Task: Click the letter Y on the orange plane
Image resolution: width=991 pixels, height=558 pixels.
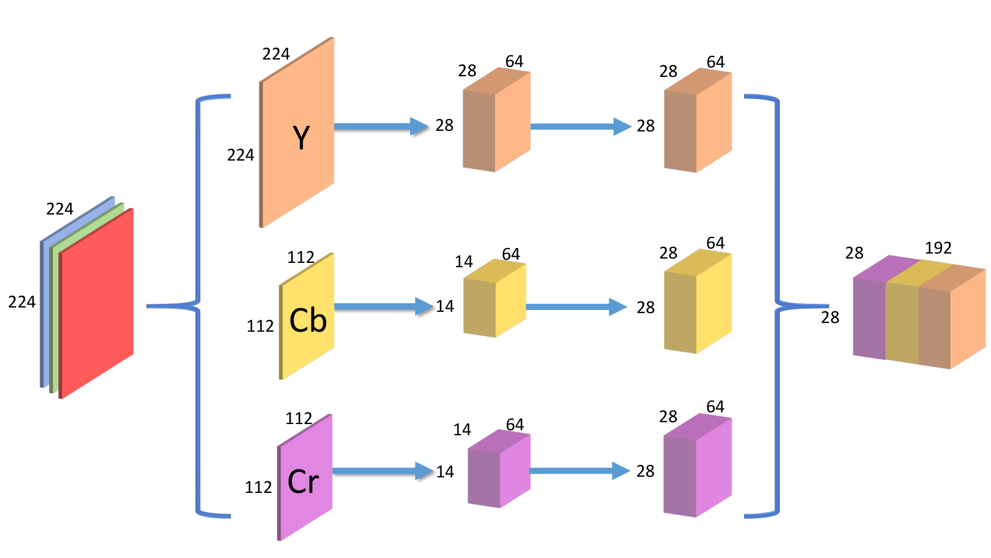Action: tap(301, 137)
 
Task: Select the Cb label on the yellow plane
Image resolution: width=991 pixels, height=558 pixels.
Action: tap(308, 320)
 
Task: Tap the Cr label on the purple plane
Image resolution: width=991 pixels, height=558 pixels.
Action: tap(303, 481)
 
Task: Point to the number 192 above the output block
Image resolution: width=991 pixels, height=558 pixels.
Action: tap(938, 248)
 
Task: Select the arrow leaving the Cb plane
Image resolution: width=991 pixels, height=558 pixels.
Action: tap(383, 306)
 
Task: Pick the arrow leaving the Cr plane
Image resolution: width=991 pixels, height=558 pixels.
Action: tap(383, 471)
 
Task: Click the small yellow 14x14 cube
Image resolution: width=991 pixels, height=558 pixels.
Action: tap(495, 298)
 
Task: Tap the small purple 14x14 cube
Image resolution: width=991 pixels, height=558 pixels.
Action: tap(499, 469)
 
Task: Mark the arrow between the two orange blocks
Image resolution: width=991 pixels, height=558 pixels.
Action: tap(581, 126)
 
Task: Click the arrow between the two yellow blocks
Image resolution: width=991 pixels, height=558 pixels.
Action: tap(577, 307)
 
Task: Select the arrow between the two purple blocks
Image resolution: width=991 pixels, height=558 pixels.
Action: tap(580, 471)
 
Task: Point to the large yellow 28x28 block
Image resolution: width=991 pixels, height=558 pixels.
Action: tap(697, 301)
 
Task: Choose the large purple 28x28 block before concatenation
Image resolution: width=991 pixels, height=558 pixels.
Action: tap(697, 465)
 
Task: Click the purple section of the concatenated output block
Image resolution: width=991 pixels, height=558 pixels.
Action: tap(870, 312)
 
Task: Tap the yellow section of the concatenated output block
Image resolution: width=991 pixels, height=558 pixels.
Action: tap(902, 317)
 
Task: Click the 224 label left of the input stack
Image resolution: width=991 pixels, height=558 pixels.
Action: tap(22, 302)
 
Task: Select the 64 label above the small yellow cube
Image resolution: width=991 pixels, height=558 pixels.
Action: tap(510, 254)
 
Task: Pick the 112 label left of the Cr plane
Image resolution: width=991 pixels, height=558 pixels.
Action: tap(258, 487)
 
